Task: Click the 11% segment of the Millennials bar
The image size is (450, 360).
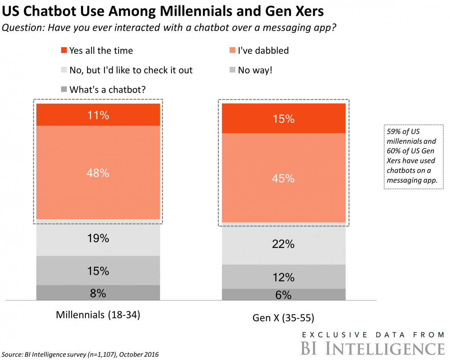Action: coord(98,115)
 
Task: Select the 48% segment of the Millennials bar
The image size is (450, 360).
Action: coord(98,172)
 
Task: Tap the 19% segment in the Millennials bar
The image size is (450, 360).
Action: coord(98,238)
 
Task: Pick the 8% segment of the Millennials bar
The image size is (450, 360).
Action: coord(98,293)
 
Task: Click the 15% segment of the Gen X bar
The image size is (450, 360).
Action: coord(283,118)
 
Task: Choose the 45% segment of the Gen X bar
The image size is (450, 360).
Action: coord(283,178)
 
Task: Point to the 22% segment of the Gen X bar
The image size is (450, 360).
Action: coord(283,244)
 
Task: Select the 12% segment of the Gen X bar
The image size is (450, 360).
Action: coord(283,277)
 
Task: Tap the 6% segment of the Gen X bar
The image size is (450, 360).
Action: coord(283,294)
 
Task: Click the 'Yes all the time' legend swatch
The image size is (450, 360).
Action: coord(63,51)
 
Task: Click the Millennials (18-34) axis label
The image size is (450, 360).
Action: coord(98,315)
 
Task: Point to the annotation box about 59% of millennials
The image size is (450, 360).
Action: coord(413,157)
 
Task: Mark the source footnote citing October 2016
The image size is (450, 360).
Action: coord(80,354)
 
